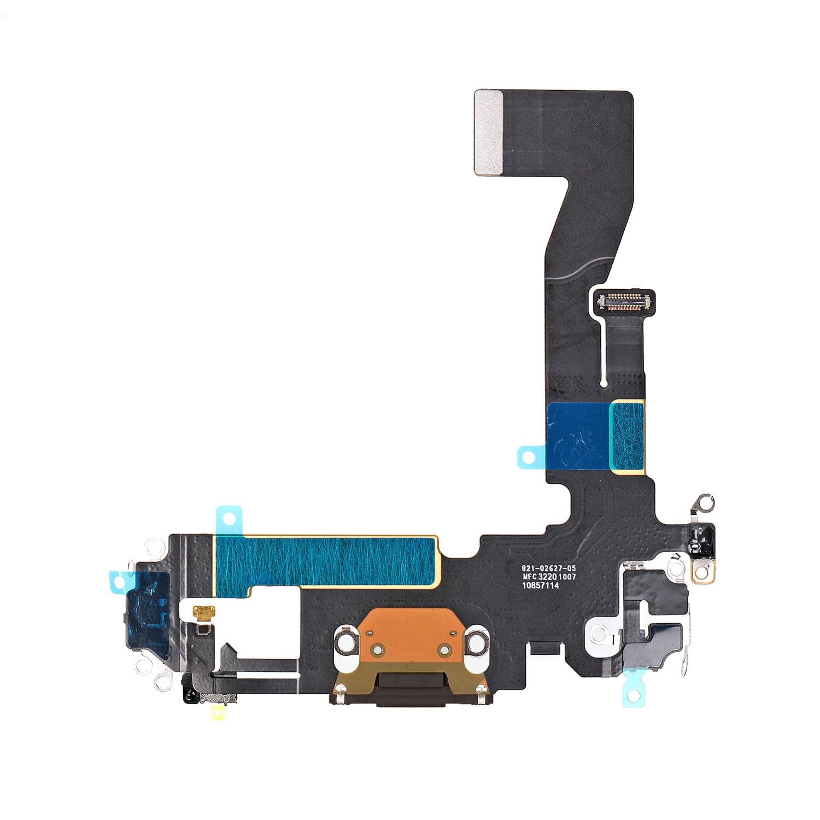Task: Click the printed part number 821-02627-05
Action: pyautogui.click(x=548, y=569)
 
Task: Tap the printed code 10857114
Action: pyautogui.click(x=540, y=585)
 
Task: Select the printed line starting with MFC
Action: pyautogui.click(x=549, y=577)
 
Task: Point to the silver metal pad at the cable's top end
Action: pyautogui.click(x=488, y=133)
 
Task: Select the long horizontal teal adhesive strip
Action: pyautogui.click(x=326, y=563)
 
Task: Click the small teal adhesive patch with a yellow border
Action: pyautogui.click(x=628, y=435)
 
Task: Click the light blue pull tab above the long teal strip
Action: pyautogui.click(x=230, y=517)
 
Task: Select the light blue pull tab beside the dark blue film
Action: pyautogui.click(x=528, y=456)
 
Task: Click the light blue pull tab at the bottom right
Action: pyautogui.click(x=632, y=694)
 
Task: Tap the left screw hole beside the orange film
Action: pyautogui.click(x=345, y=643)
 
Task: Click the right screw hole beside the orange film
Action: pyautogui.click(x=477, y=643)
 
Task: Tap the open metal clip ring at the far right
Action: pyautogui.click(x=705, y=502)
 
